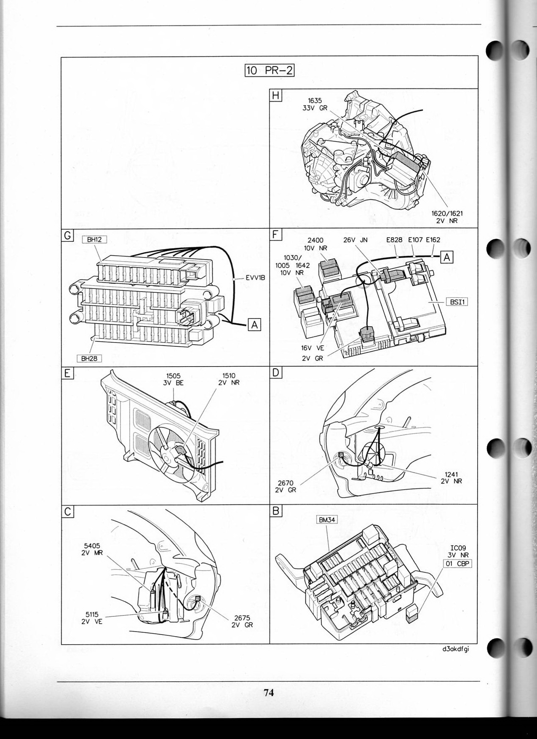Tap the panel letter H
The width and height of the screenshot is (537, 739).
click(x=275, y=95)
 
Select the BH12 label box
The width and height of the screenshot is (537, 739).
click(x=94, y=239)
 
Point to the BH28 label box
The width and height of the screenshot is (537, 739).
click(x=89, y=359)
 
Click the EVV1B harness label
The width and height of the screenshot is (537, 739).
click(x=255, y=278)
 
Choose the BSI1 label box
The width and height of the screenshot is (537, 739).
click(x=457, y=302)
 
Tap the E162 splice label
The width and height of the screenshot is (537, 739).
click(x=433, y=240)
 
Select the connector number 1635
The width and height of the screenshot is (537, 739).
click(x=315, y=101)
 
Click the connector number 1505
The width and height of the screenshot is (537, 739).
click(x=173, y=376)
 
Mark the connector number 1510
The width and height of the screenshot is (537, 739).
click(x=229, y=376)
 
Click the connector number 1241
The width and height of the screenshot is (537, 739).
click(x=451, y=474)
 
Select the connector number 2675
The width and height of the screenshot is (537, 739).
click(x=242, y=618)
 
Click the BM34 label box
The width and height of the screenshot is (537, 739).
click(x=327, y=520)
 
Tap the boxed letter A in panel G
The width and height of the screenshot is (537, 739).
click(x=254, y=325)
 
